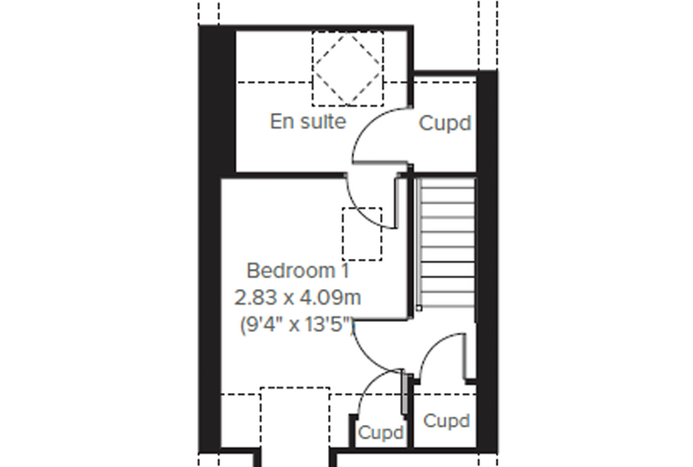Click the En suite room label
(x=307, y=121)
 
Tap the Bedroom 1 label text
(x=298, y=271)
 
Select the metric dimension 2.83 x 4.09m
(x=297, y=297)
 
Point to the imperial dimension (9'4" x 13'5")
(x=297, y=325)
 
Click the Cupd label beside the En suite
(x=445, y=123)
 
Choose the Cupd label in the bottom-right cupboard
(x=446, y=421)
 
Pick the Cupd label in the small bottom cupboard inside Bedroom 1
(x=381, y=433)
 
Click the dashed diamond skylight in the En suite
(x=347, y=68)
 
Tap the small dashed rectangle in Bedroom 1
(x=362, y=233)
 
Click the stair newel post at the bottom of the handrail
(x=419, y=307)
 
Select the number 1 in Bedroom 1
(x=346, y=271)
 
